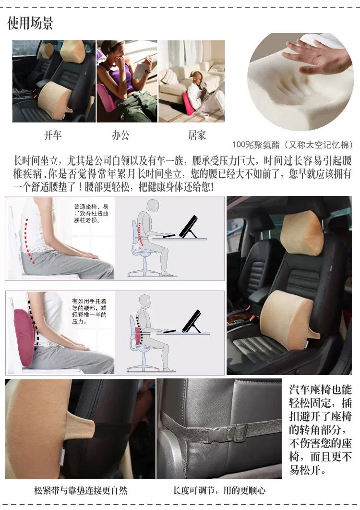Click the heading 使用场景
(x=30, y=23)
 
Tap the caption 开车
(x=53, y=135)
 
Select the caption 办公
(x=120, y=135)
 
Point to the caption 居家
(x=197, y=135)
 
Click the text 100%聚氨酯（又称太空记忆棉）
(x=292, y=145)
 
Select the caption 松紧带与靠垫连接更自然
(x=81, y=490)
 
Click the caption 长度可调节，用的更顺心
(x=219, y=490)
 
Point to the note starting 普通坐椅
(x=91, y=213)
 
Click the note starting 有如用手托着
(x=89, y=312)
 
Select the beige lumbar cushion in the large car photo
(x=286, y=317)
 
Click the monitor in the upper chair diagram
(x=189, y=226)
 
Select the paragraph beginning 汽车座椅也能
(x=320, y=430)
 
